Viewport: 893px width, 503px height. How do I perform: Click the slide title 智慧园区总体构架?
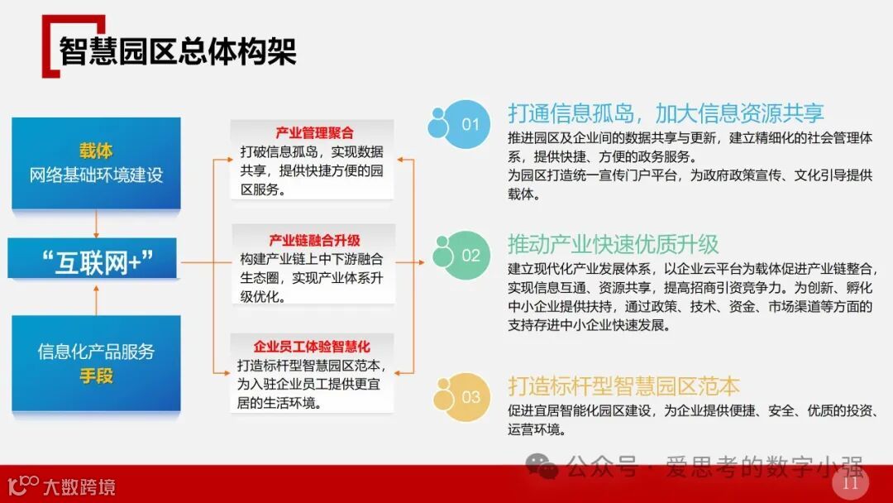177,50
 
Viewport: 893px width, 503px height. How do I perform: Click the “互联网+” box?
96,261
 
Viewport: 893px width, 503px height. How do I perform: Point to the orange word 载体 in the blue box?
96,151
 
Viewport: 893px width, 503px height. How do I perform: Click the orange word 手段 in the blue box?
96,376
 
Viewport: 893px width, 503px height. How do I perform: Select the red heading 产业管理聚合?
314,133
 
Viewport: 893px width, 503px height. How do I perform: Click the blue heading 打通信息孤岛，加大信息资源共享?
666,113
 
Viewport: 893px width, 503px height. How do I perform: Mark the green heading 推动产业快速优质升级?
614,244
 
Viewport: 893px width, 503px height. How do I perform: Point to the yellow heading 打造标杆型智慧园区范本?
624,386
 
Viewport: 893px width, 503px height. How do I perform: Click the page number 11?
850,483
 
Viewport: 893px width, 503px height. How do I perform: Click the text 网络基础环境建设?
96,175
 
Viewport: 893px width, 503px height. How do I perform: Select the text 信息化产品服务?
96,351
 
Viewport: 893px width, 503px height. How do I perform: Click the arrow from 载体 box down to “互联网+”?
97,223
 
